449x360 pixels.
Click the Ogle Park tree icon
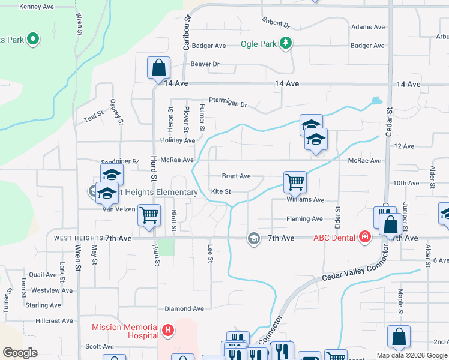point(287,43)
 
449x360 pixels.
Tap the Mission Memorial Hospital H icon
point(169,330)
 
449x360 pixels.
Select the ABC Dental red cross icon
point(364,238)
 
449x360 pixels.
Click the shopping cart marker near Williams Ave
point(295,181)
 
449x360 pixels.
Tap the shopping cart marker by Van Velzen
point(149,214)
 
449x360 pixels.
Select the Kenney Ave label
point(37,7)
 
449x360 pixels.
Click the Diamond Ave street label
point(185,308)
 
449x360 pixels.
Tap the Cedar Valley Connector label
point(352,266)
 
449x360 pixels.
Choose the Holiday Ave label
point(178,140)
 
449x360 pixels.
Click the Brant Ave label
point(236,176)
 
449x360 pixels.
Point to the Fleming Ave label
point(304,219)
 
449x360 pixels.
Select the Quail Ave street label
point(43,275)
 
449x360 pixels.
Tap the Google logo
point(20,353)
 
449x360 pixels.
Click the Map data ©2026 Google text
point(411,355)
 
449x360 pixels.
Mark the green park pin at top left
point(32,40)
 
